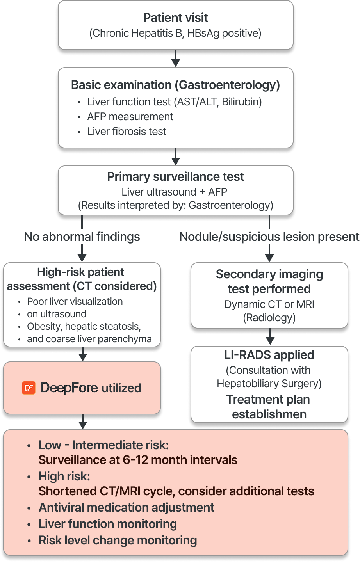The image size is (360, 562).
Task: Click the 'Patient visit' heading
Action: pos(175,18)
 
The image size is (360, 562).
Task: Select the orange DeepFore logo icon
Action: pos(29,388)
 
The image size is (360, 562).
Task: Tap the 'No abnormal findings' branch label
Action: pos(82,237)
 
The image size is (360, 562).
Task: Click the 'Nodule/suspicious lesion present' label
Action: pos(269,237)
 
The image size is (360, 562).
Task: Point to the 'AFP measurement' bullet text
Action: pos(130,117)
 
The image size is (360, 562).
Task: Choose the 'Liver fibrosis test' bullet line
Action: pos(127,132)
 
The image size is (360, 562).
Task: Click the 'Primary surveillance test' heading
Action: pos(175,176)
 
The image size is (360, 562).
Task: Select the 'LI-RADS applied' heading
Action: pos(269,355)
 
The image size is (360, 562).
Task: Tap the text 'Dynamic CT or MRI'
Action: pos(269,304)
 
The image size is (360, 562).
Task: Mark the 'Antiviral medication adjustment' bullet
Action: pos(126,507)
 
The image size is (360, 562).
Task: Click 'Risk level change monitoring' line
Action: pos(118,540)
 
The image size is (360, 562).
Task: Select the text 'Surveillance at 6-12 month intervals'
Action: pos(138,460)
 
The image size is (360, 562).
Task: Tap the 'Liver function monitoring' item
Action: pos(107,524)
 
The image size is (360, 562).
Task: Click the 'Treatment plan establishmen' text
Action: pos(269,407)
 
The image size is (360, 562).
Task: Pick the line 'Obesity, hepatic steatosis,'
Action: pos(84,326)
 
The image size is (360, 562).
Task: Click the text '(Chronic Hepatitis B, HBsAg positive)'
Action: pos(175,33)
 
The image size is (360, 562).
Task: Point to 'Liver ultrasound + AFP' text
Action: pos(174,192)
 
